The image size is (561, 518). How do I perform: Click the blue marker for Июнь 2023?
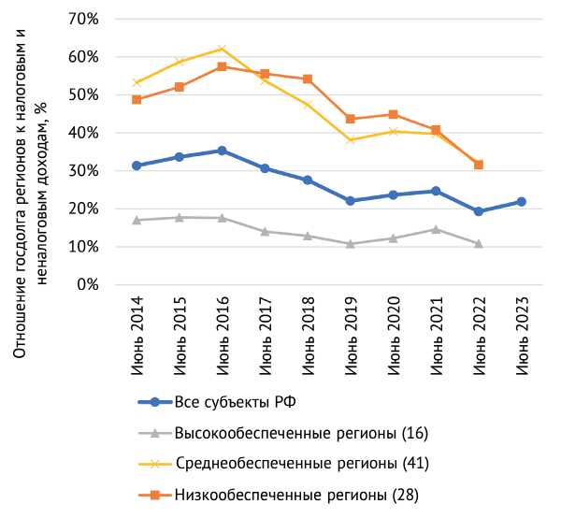tap(521, 202)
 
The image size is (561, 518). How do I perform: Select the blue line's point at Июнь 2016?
tap(222, 151)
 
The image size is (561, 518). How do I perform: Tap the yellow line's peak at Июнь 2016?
tap(222, 49)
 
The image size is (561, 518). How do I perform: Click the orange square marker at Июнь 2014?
tap(137, 99)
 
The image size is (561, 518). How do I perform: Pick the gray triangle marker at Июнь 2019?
tap(351, 244)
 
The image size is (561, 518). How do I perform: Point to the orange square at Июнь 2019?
tap(351, 119)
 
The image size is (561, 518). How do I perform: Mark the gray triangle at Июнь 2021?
tap(436, 229)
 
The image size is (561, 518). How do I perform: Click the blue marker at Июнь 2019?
tap(351, 201)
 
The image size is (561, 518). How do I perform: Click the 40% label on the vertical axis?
tap(95, 133)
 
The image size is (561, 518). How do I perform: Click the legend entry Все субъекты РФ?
tap(236, 403)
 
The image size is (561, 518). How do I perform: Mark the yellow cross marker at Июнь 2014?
tap(137, 82)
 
